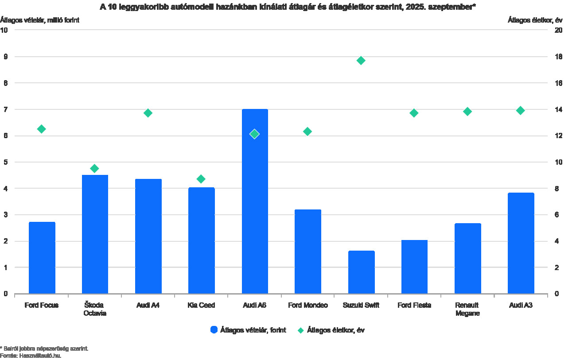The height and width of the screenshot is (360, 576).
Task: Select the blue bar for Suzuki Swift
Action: point(361,272)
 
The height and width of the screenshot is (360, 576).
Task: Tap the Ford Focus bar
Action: point(42,258)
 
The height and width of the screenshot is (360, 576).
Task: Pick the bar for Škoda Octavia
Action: point(95,234)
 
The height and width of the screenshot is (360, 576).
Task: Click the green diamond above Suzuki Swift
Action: point(361,60)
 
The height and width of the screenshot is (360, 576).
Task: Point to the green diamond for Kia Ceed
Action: point(201,179)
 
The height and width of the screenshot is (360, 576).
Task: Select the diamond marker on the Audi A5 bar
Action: point(254,134)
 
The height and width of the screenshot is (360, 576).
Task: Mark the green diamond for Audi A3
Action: point(521,110)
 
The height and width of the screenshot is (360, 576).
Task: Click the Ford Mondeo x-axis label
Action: point(308,306)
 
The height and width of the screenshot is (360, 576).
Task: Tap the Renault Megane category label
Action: point(467,309)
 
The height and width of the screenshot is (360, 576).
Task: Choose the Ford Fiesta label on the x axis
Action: point(414,306)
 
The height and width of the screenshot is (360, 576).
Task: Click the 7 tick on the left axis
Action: point(5,109)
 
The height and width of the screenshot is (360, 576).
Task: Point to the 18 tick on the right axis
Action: point(558,57)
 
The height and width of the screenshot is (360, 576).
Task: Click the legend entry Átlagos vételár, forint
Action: point(248,330)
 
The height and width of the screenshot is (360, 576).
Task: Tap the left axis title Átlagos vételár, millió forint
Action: point(40,20)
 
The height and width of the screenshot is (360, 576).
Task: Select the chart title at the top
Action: point(288,7)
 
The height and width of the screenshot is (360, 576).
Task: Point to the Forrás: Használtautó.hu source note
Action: point(31,355)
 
